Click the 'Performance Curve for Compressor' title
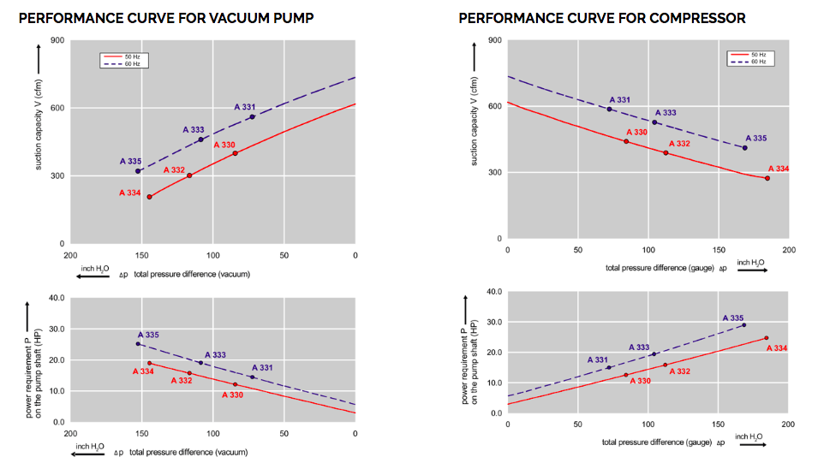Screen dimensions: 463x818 pyautogui.click(x=602, y=18)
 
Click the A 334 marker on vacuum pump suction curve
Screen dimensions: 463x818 pyautogui.click(x=149, y=197)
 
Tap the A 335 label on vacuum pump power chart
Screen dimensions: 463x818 pyautogui.click(x=148, y=335)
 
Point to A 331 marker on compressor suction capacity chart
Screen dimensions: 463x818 pyautogui.click(x=610, y=109)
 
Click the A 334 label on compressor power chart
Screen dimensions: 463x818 pyautogui.click(x=776, y=348)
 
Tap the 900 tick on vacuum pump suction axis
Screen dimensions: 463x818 pyautogui.click(x=57, y=40)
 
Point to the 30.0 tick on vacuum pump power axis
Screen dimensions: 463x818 pyautogui.click(x=54, y=329)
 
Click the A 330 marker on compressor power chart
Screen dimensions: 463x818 pyautogui.click(x=626, y=374)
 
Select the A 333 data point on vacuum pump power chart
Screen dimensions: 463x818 pyautogui.click(x=201, y=363)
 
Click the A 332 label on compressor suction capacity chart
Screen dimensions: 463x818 pyautogui.click(x=679, y=144)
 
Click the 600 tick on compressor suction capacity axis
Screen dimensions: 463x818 pyautogui.click(x=494, y=106)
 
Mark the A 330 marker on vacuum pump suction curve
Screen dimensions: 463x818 pyautogui.click(x=235, y=153)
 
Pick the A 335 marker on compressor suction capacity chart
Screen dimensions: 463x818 pyautogui.click(x=744, y=148)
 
